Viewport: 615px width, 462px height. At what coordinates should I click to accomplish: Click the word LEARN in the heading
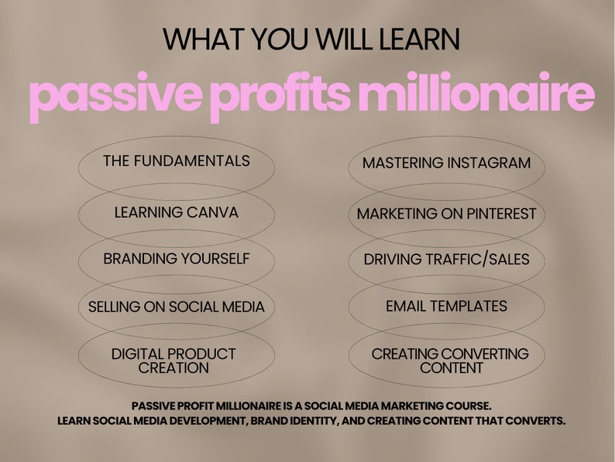(x=419, y=40)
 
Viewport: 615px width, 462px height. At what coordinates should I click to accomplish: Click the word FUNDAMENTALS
(x=192, y=161)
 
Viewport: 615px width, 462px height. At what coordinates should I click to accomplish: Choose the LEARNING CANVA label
(x=177, y=212)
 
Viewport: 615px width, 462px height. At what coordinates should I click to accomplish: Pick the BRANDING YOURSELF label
(x=177, y=259)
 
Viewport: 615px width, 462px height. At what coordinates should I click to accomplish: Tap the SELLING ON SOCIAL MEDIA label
(x=177, y=306)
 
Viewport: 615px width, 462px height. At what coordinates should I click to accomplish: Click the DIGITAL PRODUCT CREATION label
(x=174, y=360)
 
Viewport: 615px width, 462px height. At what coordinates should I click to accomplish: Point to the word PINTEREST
(x=496, y=214)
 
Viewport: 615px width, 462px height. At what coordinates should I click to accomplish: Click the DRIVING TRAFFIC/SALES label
(x=447, y=260)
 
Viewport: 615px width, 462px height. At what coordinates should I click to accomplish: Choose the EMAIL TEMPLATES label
(x=447, y=306)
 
